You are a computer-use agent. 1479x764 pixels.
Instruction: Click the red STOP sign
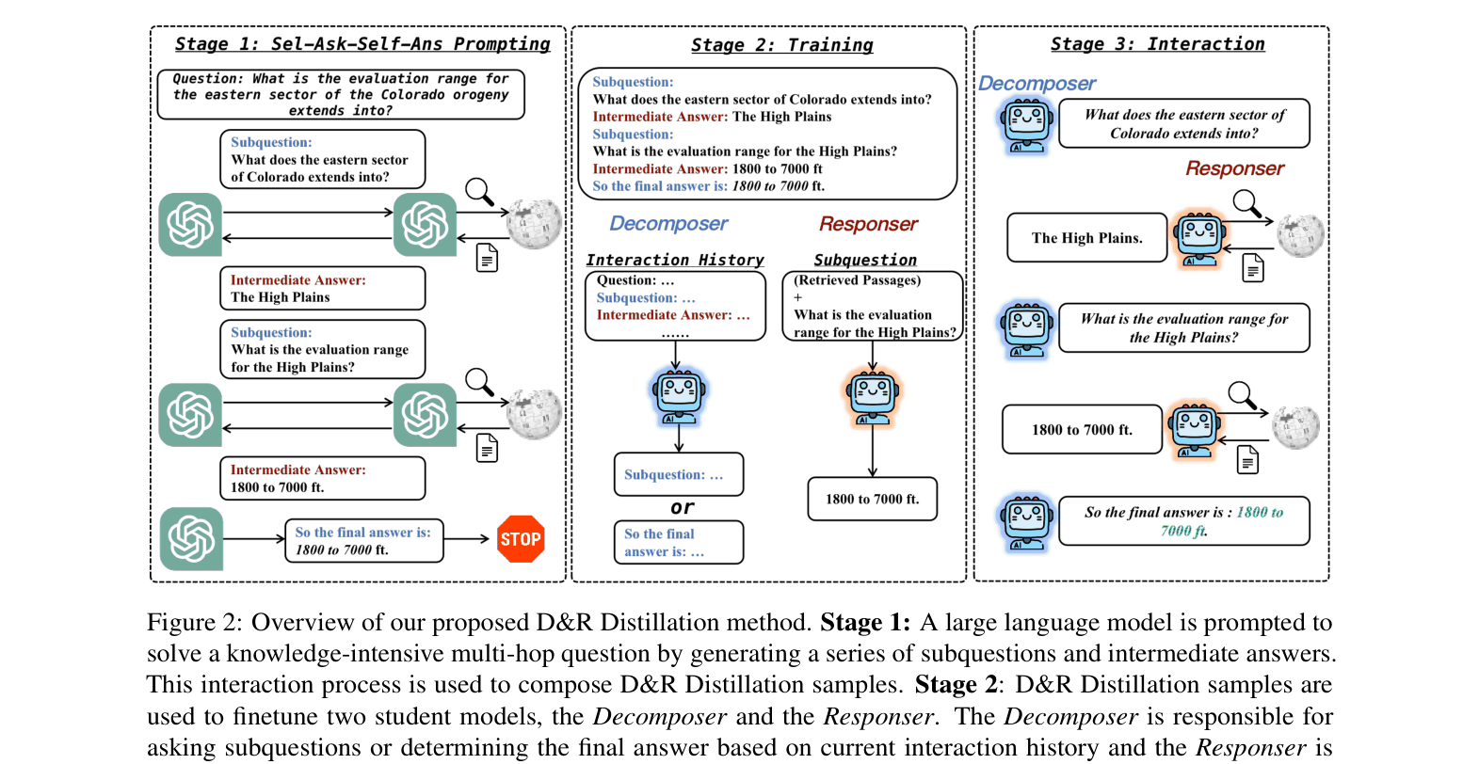pyautogui.click(x=521, y=539)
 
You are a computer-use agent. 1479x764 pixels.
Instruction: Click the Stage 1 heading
pyautogui.click(x=362, y=44)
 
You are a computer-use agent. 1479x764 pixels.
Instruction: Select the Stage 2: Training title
pyautogui.click(x=781, y=45)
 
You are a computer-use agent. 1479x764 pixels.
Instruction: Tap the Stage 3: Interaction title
pyautogui.click(x=1157, y=44)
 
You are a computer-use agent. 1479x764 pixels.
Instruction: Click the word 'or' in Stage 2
pyautogui.click(x=683, y=507)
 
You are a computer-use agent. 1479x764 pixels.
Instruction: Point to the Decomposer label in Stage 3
pyautogui.click(x=1037, y=84)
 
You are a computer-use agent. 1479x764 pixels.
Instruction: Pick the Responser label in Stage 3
pyautogui.click(x=1234, y=168)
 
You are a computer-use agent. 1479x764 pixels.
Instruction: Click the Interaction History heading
pyautogui.click(x=674, y=260)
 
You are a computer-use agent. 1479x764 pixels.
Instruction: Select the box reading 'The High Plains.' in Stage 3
pyautogui.click(x=1086, y=238)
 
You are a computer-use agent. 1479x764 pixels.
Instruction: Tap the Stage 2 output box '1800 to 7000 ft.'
pyautogui.click(x=872, y=499)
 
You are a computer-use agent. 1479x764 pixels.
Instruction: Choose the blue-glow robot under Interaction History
pyautogui.click(x=679, y=394)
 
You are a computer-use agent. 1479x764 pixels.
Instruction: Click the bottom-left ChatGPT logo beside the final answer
pyautogui.click(x=191, y=539)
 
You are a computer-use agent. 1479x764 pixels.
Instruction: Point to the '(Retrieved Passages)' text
pyautogui.click(x=857, y=280)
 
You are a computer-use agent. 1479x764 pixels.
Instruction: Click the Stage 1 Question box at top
pyautogui.click(x=340, y=94)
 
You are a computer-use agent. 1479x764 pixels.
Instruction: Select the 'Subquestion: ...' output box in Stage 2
pyautogui.click(x=678, y=474)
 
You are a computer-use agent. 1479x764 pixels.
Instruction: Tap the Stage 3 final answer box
pyautogui.click(x=1183, y=521)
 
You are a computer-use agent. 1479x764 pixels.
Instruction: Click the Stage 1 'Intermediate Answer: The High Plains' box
pyautogui.click(x=322, y=288)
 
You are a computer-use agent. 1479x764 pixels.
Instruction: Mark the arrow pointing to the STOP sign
pyautogui.click(x=467, y=539)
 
